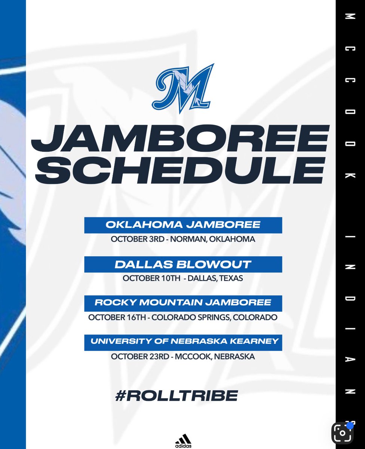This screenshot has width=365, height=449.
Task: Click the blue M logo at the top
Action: (x=183, y=88)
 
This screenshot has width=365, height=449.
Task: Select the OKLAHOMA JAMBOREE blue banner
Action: (x=183, y=225)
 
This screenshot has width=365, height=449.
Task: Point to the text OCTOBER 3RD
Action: (x=137, y=239)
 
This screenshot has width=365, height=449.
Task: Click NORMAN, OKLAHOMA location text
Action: (x=213, y=239)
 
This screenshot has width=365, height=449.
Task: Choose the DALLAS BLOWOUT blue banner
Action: (x=183, y=265)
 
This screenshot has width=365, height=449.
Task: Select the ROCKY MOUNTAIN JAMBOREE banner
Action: (x=183, y=303)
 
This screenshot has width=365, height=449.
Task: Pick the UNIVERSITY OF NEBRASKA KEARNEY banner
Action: (x=183, y=342)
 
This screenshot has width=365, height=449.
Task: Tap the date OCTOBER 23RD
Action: (x=138, y=357)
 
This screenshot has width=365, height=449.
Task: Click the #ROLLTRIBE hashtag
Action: (x=177, y=395)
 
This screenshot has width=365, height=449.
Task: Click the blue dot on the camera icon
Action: (x=350, y=425)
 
